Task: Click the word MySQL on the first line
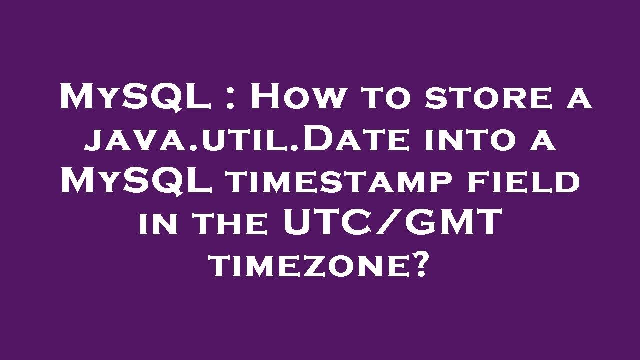pyautogui.click(x=134, y=97)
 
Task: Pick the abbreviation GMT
pyautogui.click(x=450, y=223)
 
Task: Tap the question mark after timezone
pyautogui.click(x=420, y=265)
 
